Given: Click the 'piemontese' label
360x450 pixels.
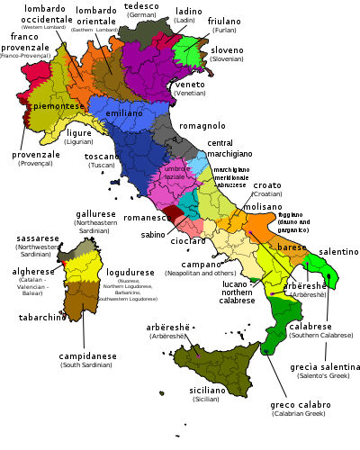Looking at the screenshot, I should [58, 106].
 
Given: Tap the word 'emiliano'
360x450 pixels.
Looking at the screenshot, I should [124, 113].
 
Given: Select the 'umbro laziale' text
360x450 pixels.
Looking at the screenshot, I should [175, 173].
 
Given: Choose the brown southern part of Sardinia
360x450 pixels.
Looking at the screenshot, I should [80, 298].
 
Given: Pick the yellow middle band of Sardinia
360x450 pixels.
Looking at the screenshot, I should [83, 267].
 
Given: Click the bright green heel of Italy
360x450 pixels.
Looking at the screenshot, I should [321, 269].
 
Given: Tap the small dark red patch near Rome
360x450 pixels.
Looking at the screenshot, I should [171, 214].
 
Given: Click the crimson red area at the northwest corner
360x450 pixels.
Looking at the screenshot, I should [36, 72].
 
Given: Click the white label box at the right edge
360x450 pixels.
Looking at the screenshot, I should [327, 331].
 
